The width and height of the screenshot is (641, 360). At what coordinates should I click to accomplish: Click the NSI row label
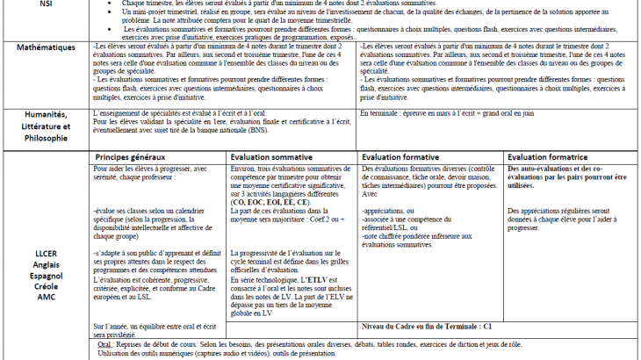pos(46,4)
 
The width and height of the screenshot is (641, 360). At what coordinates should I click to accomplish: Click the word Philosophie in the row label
pos(46,138)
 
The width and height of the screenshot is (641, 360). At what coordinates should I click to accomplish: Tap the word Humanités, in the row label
pos(46,115)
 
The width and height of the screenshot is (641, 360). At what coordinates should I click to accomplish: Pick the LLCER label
pos(46,252)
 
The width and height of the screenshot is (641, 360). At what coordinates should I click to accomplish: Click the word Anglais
pos(46,263)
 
